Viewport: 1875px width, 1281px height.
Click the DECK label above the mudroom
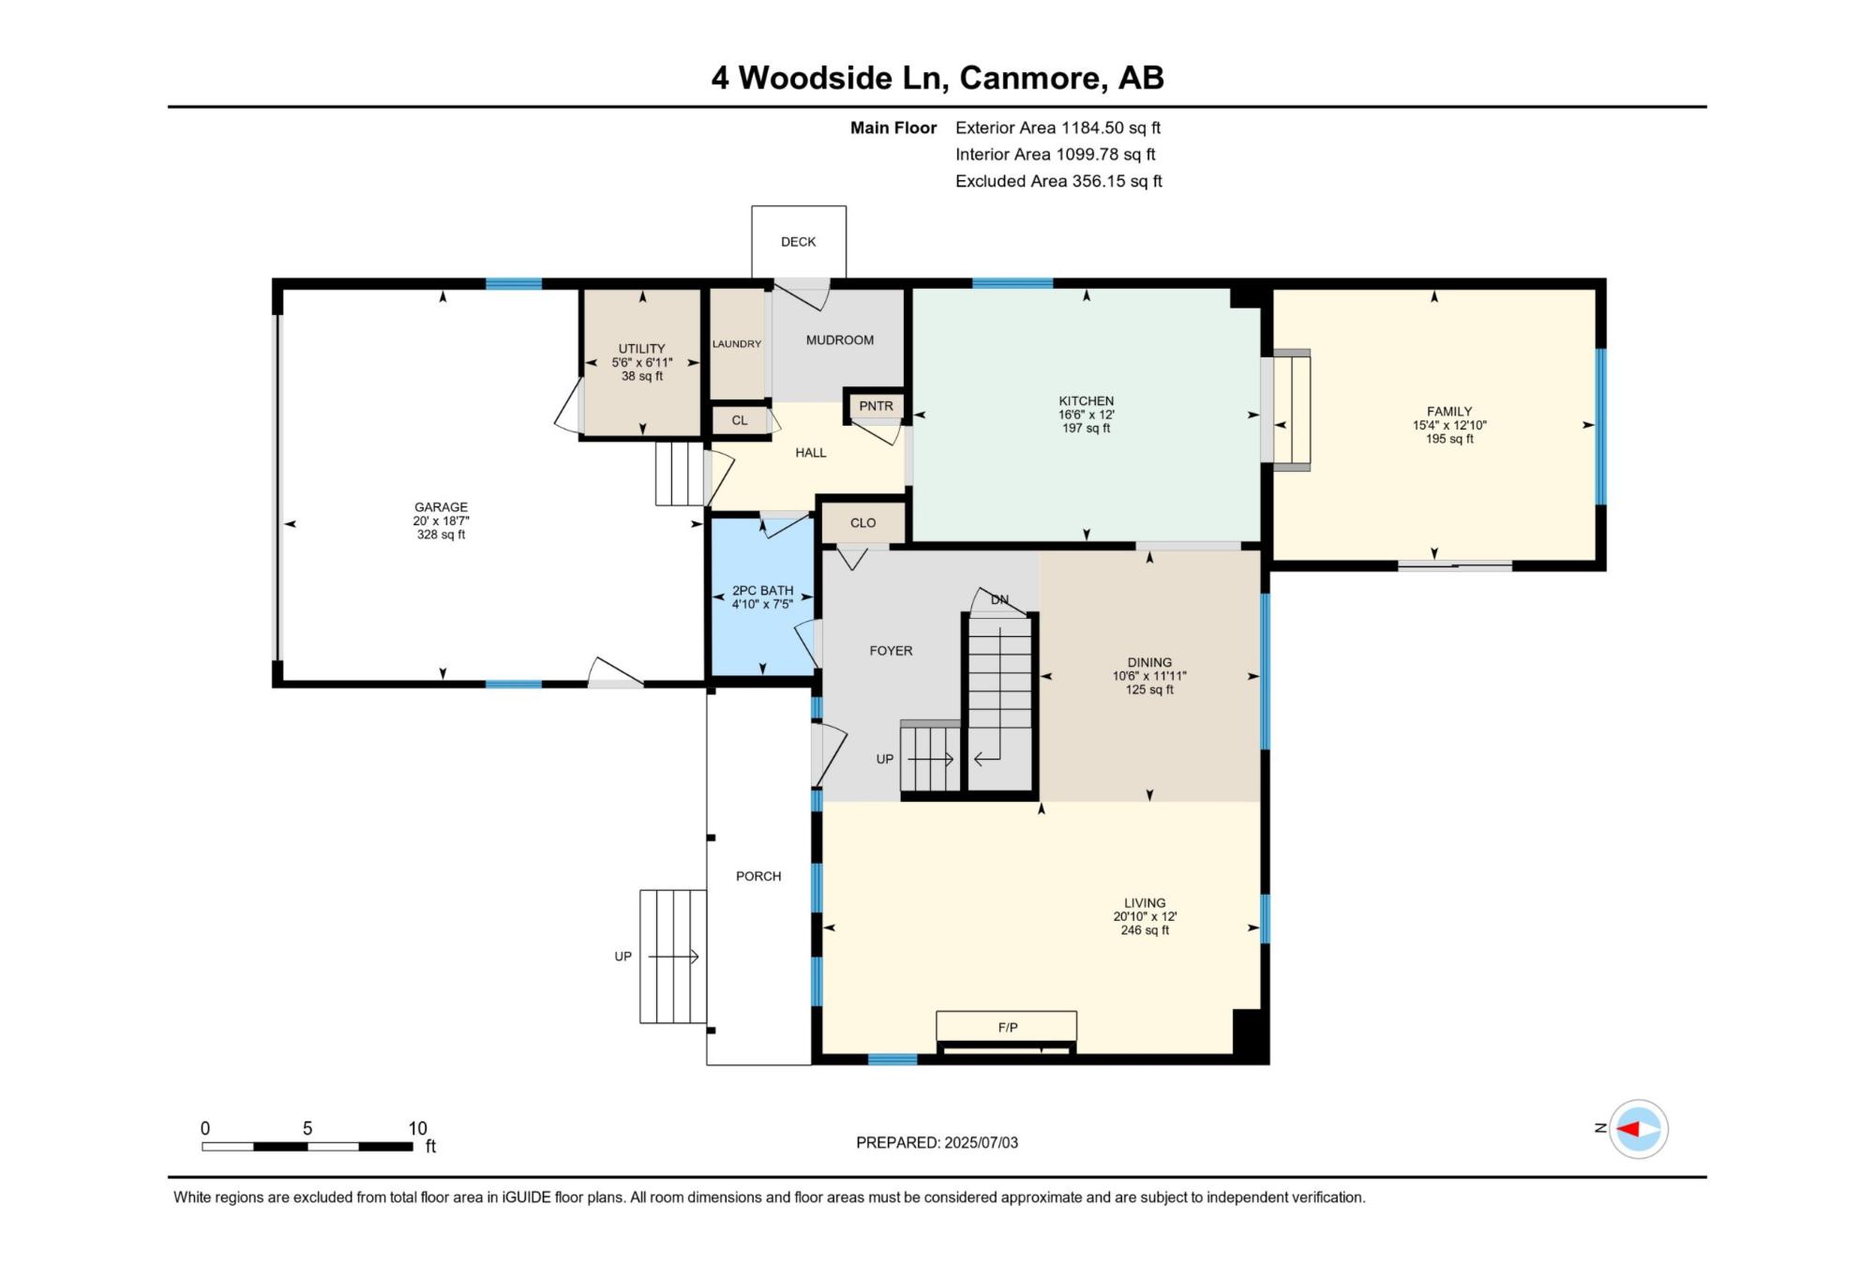click(798, 242)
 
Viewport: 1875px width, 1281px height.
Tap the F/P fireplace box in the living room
click(1007, 1026)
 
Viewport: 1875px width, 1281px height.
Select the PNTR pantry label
click(876, 406)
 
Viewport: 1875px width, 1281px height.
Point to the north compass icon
click(1638, 1128)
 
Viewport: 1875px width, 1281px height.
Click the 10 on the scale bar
click(417, 1128)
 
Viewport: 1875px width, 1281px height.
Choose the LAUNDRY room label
click(737, 344)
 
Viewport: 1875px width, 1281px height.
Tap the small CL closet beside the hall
click(740, 420)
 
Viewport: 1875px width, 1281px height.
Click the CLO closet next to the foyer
click(863, 522)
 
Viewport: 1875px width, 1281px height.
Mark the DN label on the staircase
click(999, 600)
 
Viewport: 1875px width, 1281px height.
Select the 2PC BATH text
click(763, 591)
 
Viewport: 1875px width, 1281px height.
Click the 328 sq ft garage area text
click(441, 535)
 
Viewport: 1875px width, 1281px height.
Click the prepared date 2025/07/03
click(982, 1142)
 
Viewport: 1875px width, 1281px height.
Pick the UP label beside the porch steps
click(623, 957)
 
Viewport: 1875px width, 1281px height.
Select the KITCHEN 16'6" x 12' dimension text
click(1087, 414)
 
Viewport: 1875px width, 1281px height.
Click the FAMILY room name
click(1449, 411)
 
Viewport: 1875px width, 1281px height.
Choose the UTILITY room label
click(641, 349)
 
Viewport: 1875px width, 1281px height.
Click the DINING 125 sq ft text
click(1149, 689)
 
